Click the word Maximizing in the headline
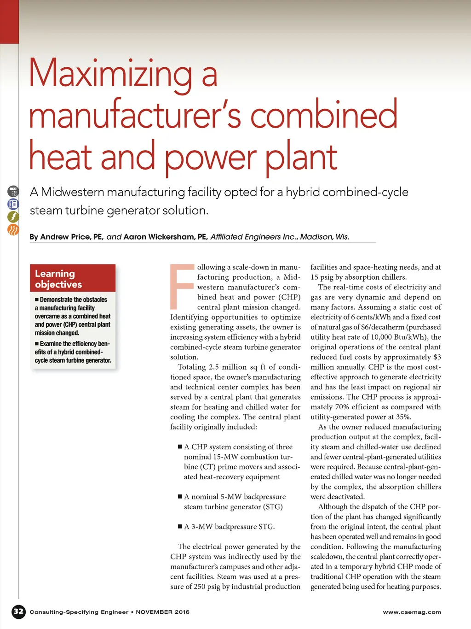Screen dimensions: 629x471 110,74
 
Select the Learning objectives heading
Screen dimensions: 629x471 58,279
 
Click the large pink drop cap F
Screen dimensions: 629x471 182,286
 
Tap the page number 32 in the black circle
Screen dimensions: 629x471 18,612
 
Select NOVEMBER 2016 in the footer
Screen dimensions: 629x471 162,612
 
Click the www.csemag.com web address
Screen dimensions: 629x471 412,612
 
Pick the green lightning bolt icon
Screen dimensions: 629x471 13,217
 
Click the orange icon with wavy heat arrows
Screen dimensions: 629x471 13,229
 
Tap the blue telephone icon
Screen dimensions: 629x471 13,204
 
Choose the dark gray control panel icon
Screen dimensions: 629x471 13,191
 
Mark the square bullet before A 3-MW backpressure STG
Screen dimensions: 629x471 180,526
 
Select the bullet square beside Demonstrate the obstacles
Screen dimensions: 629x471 37,300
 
